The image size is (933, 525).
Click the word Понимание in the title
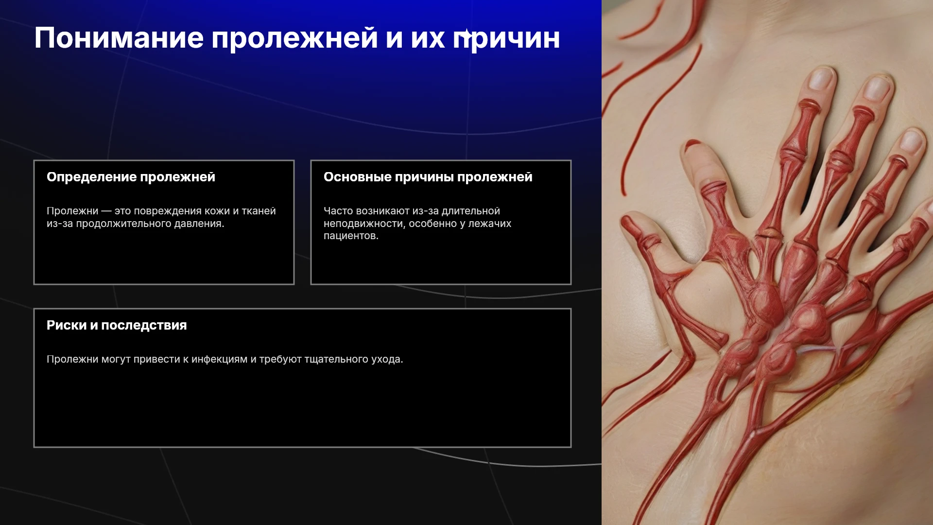119,38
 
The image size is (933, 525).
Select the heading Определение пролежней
131,177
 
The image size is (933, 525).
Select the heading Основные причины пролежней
428,177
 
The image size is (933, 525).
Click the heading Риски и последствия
117,325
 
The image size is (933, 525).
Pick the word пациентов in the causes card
351,236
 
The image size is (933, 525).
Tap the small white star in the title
466,34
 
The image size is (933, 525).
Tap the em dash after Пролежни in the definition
106,211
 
